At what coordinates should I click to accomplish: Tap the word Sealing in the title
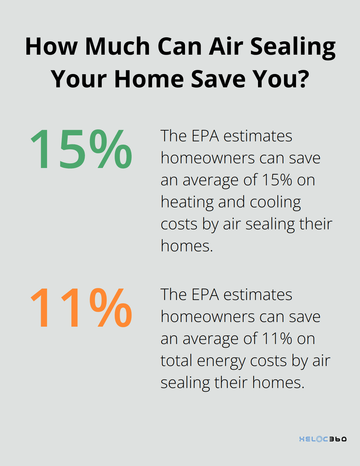[293, 47]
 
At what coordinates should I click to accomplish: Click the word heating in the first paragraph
[187, 202]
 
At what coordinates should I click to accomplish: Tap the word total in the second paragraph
[176, 361]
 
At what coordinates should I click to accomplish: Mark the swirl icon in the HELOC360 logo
[319, 439]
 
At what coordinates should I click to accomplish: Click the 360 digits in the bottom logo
[338, 439]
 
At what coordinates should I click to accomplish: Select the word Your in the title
[79, 79]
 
